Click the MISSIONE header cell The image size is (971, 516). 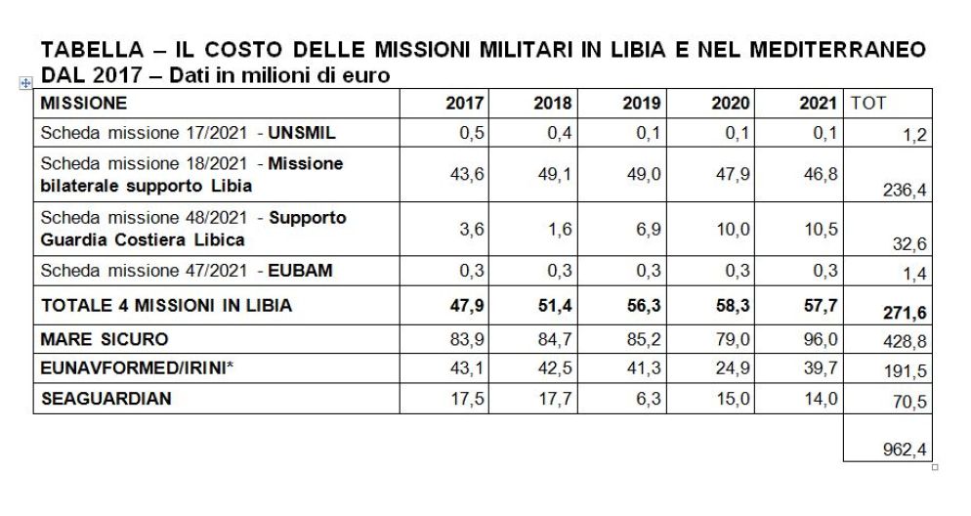(84, 103)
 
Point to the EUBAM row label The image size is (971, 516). (187, 271)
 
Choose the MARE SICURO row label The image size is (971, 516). (105, 339)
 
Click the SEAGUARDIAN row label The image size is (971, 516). (106, 399)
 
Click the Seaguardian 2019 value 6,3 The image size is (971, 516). (647, 400)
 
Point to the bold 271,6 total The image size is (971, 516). (905, 313)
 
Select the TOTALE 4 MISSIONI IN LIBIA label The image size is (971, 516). (166, 306)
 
